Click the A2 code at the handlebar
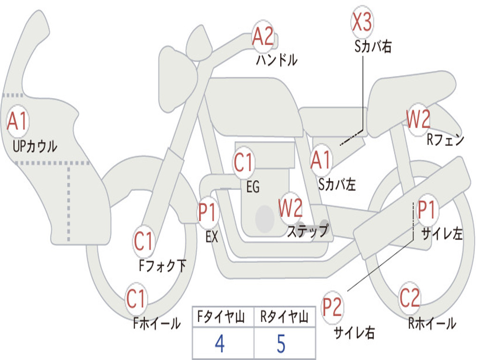(262, 36)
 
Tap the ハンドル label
(277, 60)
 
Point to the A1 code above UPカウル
(18, 121)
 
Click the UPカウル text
(35, 146)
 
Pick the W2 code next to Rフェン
(418, 120)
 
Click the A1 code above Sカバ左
(321, 160)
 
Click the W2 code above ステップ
(291, 208)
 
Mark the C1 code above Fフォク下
(144, 241)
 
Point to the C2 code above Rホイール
(410, 298)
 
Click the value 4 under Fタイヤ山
(219, 344)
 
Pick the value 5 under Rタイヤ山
(281, 344)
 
